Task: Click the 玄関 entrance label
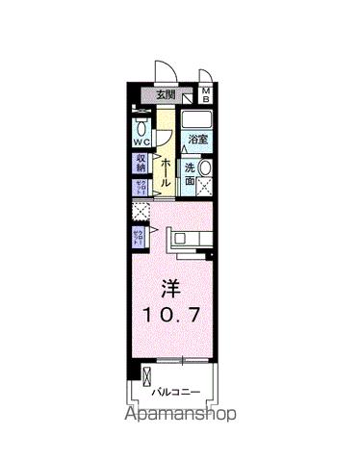click(x=166, y=94)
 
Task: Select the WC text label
click(x=141, y=144)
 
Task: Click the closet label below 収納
click(x=141, y=186)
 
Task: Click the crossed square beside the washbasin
click(x=204, y=190)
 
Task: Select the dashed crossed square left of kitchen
click(x=141, y=211)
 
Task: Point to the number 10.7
click(x=172, y=315)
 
